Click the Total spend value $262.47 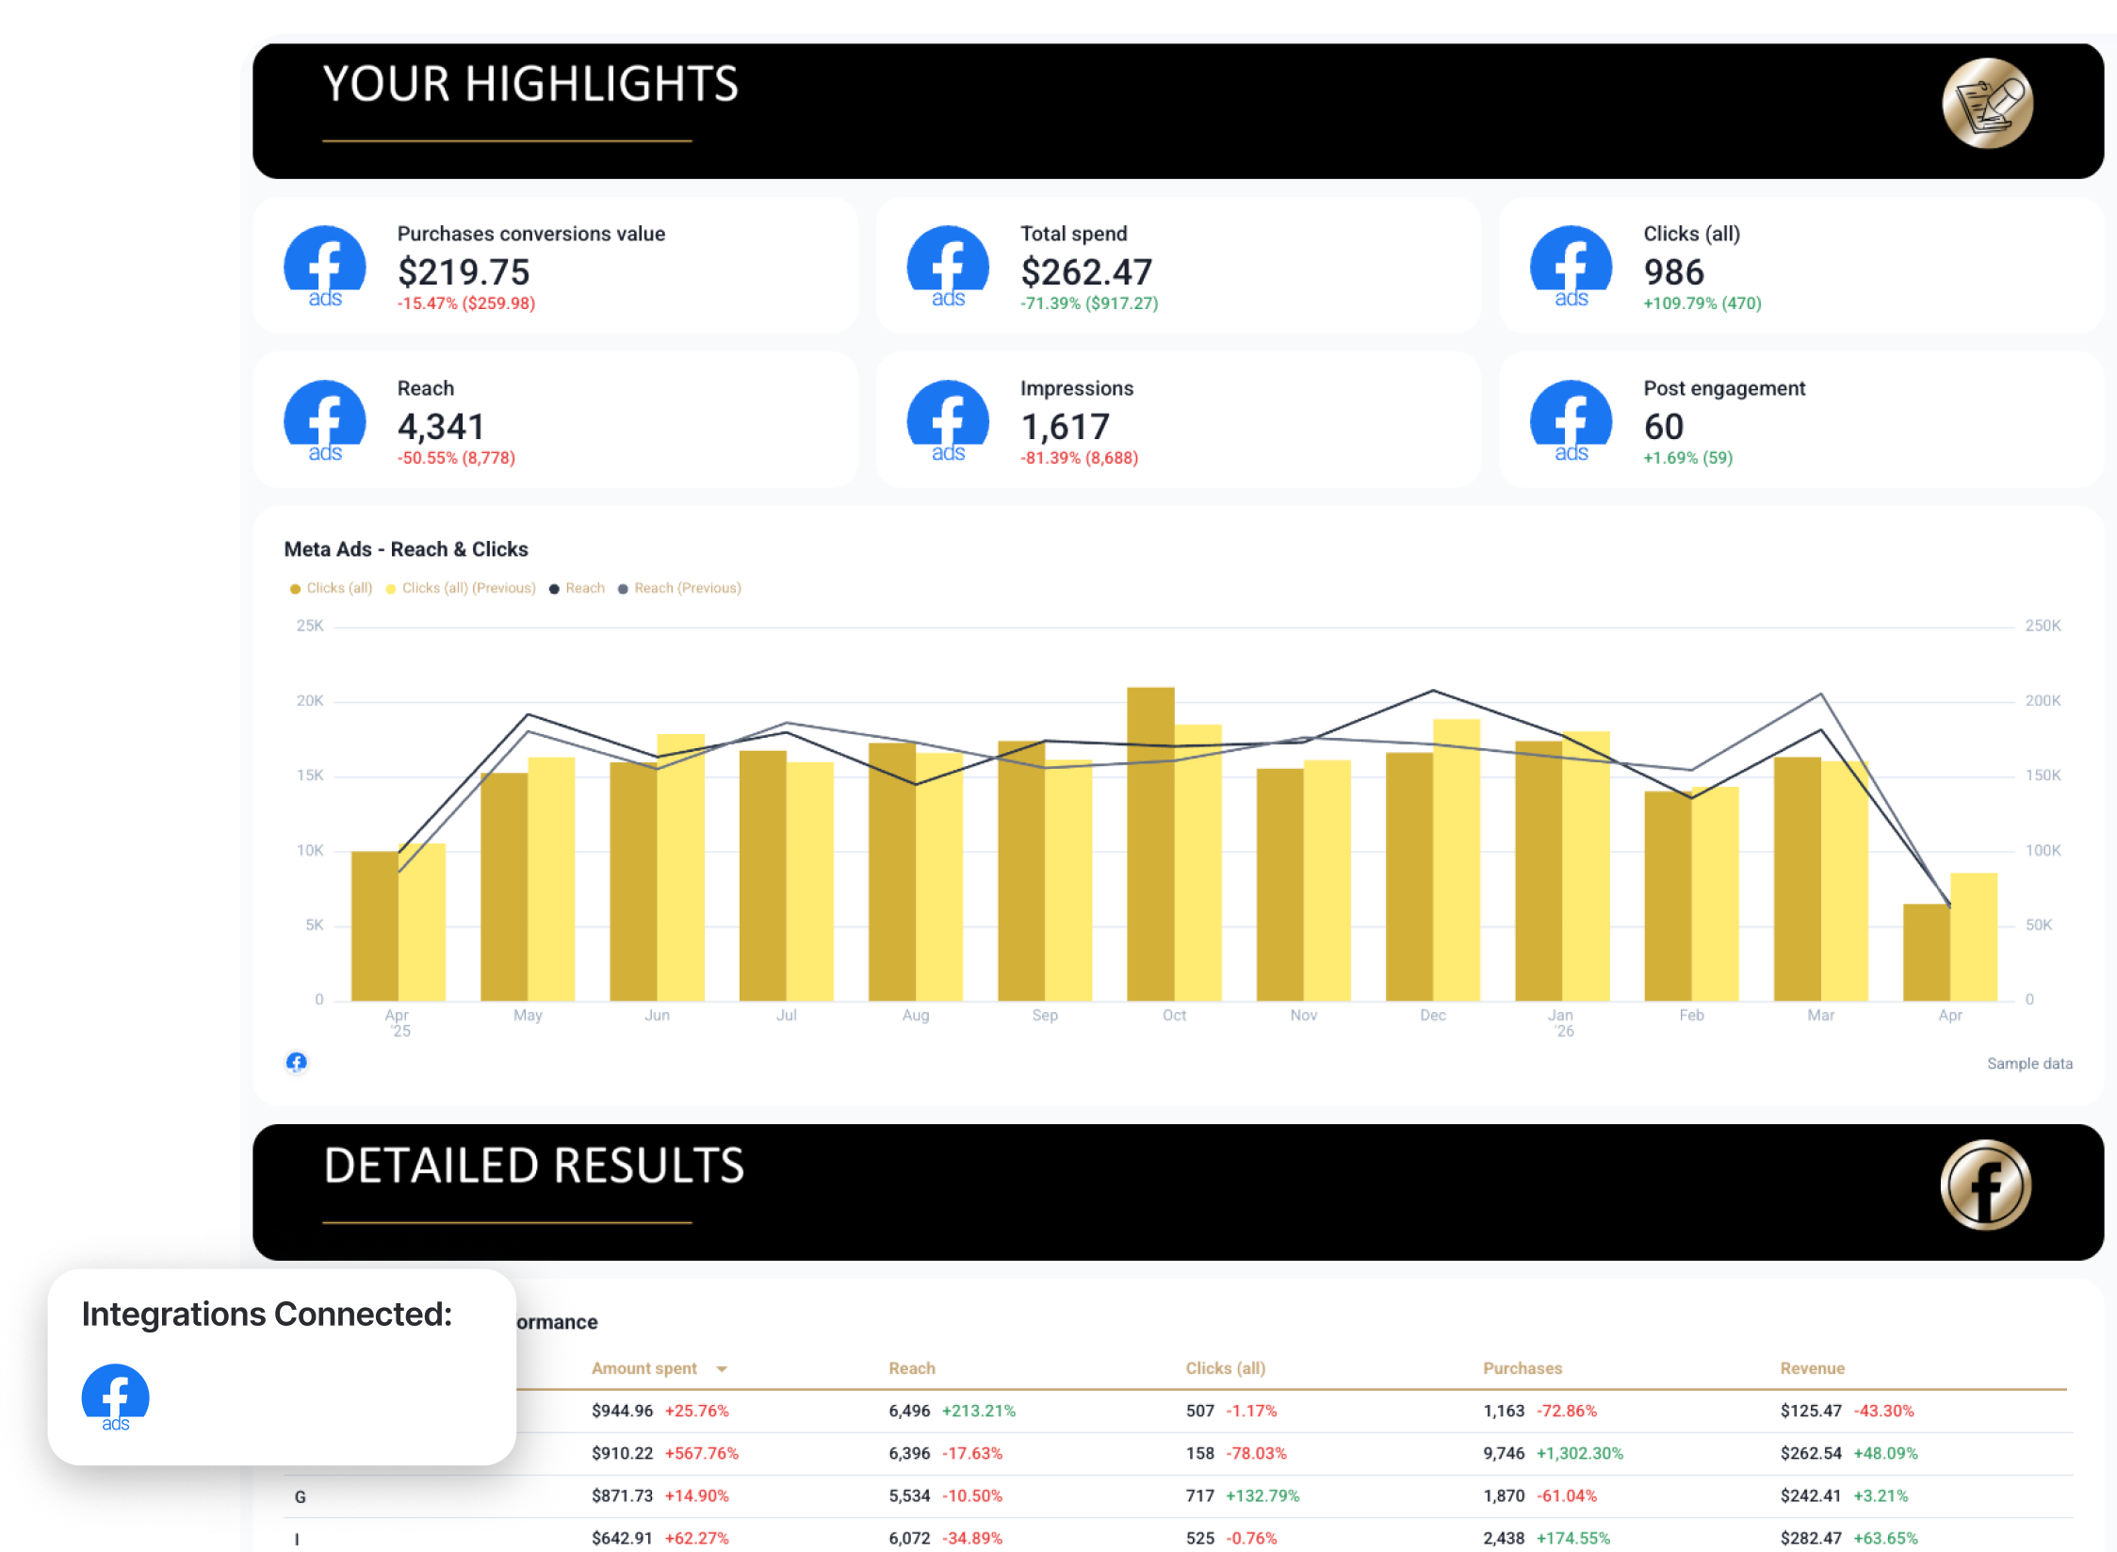click(x=1085, y=272)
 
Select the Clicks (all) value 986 click(x=1673, y=272)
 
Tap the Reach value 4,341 click(x=440, y=427)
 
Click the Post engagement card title click(x=1723, y=388)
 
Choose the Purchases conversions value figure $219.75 click(x=464, y=272)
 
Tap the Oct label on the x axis click(x=1174, y=1015)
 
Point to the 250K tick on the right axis click(x=2043, y=626)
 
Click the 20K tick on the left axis click(x=309, y=700)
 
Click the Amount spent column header click(x=644, y=1368)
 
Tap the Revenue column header click(x=1812, y=1368)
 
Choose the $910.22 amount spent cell click(x=622, y=1453)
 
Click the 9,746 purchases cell click(x=1503, y=1453)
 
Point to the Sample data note click(x=2029, y=1063)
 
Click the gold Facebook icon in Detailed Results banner click(x=1985, y=1184)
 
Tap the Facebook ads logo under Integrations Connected click(x=115, y=1397)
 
